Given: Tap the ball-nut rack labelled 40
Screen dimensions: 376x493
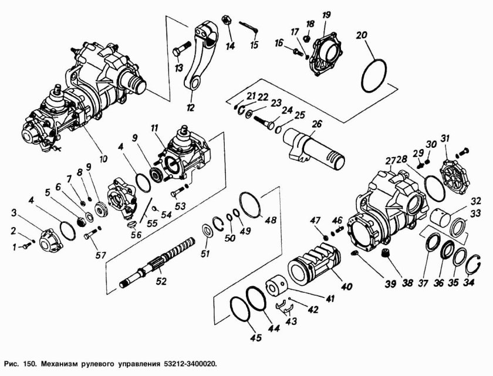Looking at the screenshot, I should (x=318, y=267).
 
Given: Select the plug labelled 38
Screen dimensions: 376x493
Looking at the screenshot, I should (x=386, y=253).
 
